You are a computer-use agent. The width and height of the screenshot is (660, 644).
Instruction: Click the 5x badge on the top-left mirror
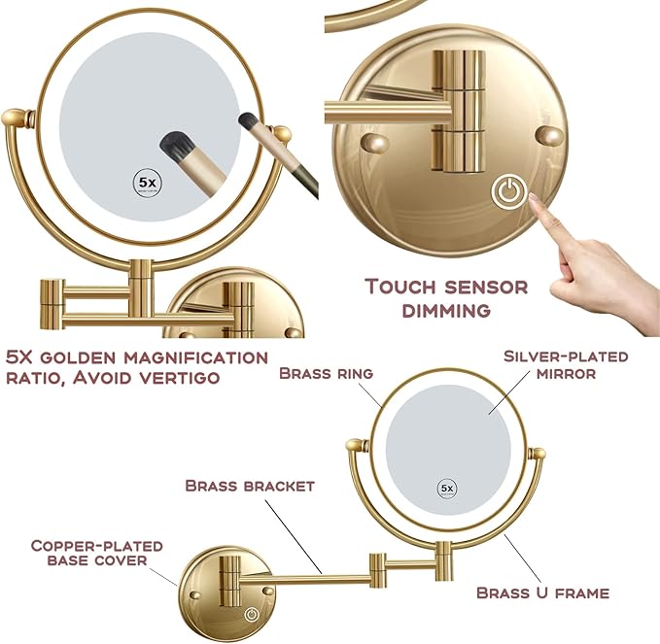tap(147, 183)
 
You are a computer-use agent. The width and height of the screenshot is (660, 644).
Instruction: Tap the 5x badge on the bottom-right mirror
tap(447, 488)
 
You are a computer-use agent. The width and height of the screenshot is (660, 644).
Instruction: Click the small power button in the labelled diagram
tap(253, 615)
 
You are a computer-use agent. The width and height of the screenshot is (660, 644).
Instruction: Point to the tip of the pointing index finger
tap(536, 198)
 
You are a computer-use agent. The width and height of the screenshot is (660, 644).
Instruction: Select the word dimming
tap(446, 310)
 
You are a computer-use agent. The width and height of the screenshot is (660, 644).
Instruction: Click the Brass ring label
tap(327, 373)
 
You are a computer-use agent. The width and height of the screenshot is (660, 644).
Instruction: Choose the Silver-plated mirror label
tap(566, 364)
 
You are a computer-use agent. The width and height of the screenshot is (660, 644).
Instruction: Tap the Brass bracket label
tap(249, 485)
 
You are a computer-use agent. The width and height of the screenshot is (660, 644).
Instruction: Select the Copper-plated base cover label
tap(96, 554)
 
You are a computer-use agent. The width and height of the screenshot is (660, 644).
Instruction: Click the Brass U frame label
tap(542, 592)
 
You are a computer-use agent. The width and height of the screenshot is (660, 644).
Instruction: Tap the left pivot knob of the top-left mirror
tap(13, 119)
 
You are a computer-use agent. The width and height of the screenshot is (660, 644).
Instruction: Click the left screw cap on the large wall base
tap(374, 144)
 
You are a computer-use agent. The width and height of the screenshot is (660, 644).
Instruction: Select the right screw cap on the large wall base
tap(550, 135)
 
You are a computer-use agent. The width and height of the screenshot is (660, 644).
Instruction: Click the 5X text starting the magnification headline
tap(21, 356)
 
